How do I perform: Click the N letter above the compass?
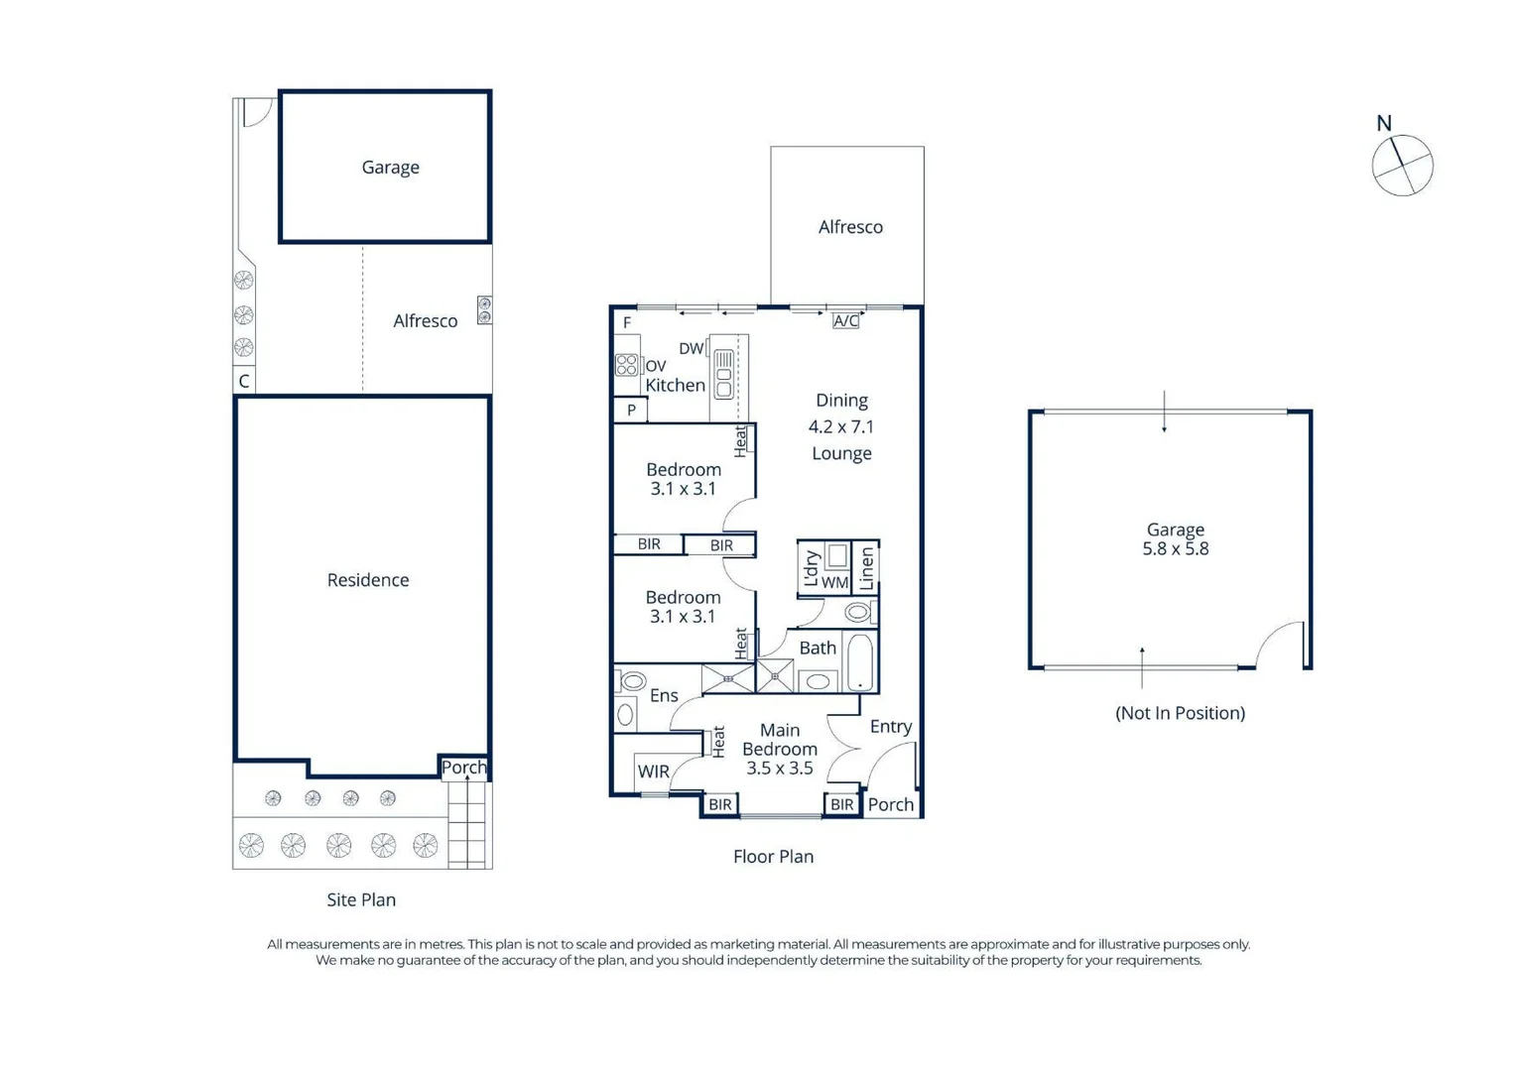(x=1384, y=123)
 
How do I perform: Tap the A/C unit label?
(x=846, y=321)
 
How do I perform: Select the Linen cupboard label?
(x=866, y=568)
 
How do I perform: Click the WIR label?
(x=654, y=772)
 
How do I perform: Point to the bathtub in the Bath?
(x=861, y=662)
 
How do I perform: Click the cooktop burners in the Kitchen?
(x=626, y=365)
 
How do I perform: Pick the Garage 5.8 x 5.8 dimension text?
(x=1176, y=548)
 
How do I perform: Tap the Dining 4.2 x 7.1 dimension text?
(x=841, y=426)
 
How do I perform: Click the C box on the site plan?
(x=244, y=381)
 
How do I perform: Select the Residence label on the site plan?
(x=368, y=579)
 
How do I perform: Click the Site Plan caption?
(x=361, y=899)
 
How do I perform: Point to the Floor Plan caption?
(x=774, y=857)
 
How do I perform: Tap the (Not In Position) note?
(x=1181, y=713)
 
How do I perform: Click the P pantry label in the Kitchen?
(x=631, y=410)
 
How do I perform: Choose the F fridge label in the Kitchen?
(x=627, y=322)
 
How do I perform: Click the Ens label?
(x=664, y=695)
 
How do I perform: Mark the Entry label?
(x=891, y=727)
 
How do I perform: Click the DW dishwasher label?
(x=692, y=348)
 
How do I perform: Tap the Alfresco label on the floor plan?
(x=850, y=227)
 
